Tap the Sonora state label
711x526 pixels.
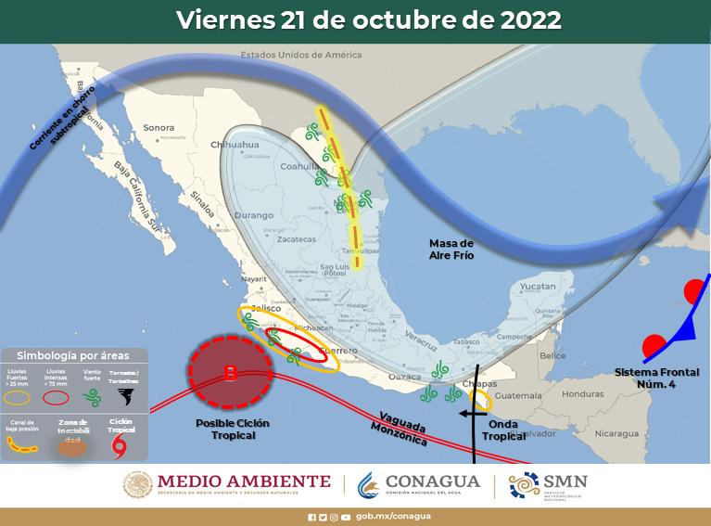click(x=159, y=127)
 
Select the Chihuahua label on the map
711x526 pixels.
click(x=234, y=146)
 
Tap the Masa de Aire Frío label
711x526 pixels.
click(x=451, y=248)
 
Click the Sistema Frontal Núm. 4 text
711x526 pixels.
click(x=656, y=378)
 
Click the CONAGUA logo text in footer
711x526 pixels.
click(x=434, y=482)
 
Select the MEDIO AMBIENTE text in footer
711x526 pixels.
click(x=244, y=481)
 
